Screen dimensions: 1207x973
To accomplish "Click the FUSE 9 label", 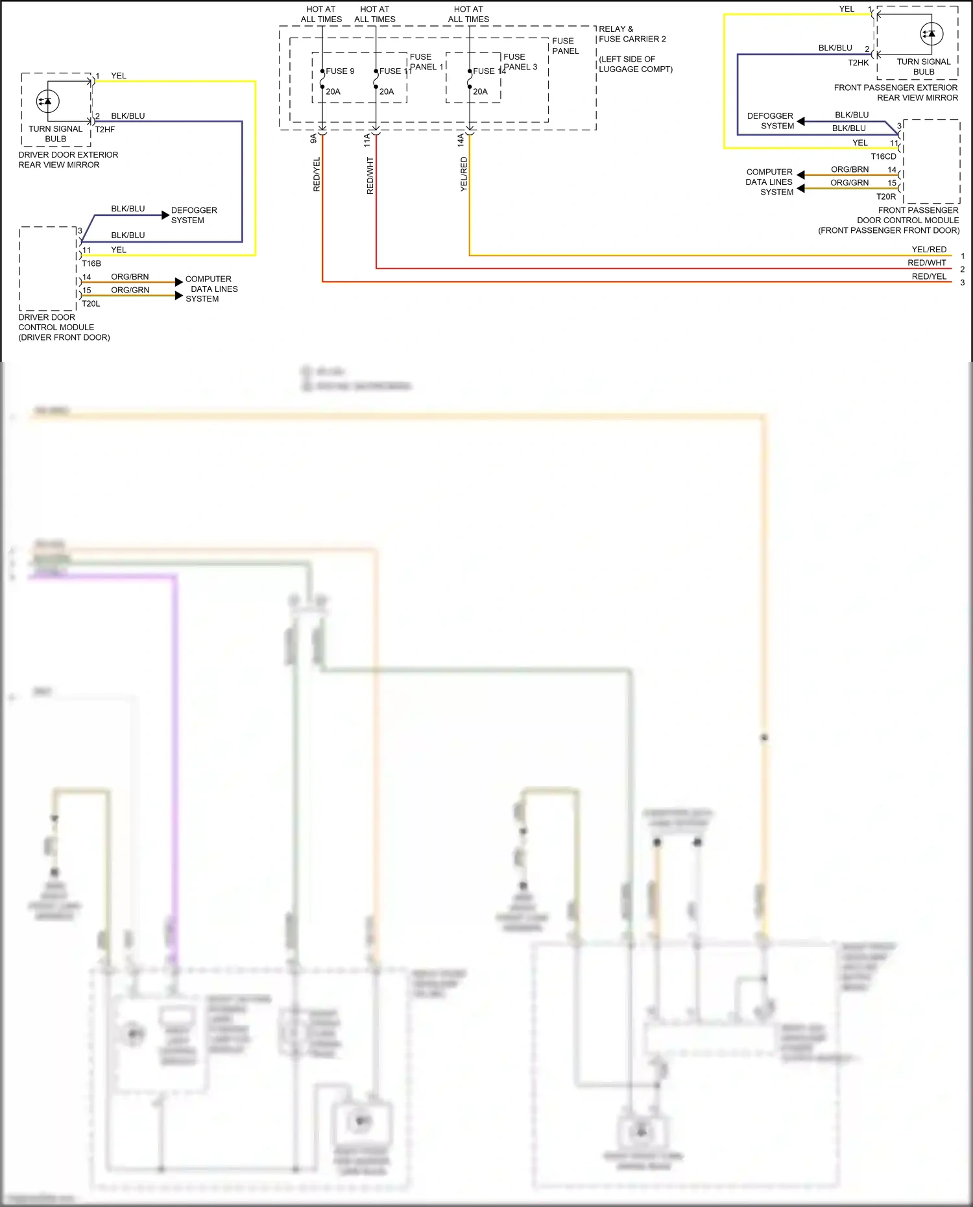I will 340,71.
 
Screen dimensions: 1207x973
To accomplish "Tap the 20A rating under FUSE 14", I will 480,91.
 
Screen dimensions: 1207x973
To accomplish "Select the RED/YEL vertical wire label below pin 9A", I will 317,174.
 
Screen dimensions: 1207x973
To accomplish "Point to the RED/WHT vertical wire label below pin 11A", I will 370,176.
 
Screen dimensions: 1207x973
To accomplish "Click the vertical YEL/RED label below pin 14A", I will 464,174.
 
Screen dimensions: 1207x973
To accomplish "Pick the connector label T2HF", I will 105,130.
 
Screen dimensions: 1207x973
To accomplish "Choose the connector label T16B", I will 91,264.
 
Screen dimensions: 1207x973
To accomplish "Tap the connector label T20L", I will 91,304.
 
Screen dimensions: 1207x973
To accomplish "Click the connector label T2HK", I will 858,63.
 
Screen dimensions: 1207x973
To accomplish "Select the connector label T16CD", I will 883,156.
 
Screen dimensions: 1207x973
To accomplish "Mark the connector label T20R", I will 886,197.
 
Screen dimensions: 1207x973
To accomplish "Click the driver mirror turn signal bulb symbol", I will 47,101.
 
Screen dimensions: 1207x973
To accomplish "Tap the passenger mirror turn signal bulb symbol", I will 931,34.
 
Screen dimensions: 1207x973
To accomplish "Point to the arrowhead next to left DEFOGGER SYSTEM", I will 165,215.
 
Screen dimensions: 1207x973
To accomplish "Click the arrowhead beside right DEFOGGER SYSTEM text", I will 801,121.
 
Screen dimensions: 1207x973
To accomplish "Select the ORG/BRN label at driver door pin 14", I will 130,277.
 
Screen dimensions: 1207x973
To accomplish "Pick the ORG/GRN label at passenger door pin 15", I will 849,183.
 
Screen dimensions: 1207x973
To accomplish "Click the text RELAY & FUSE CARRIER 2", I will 632,34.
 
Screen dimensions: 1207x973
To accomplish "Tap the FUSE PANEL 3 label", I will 520,62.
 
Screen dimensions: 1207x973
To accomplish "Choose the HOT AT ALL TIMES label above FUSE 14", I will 468,14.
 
